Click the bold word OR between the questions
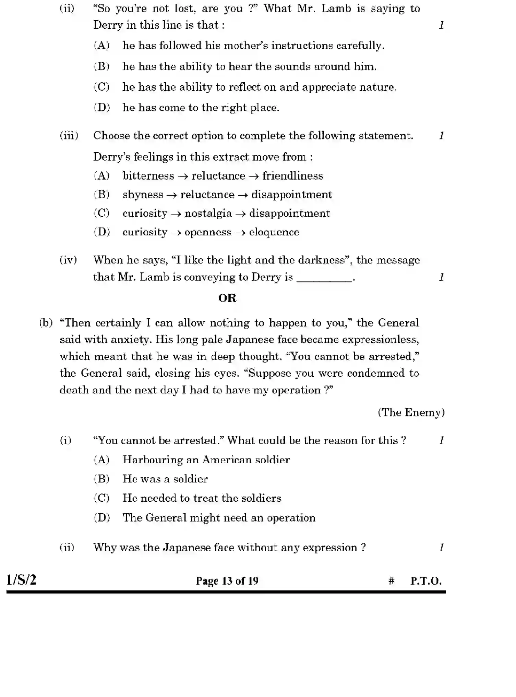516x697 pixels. click(x=227, y=298)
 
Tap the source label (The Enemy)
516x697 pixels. click(x=411, y=412)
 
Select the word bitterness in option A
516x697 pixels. click(x=148, y=176)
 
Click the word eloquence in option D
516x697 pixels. click(x=274, y=232)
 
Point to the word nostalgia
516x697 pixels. click(x=208, y=213)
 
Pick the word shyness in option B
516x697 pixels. click(x=143, y=195)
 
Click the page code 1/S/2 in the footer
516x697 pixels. click(x=21, y=580)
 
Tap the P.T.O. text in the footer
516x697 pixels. click(x=426, y=581)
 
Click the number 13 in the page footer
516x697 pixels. click(x=227, y=581)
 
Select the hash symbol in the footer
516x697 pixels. click(x=391, y=581)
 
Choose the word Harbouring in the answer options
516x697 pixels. click(x=153, y=460)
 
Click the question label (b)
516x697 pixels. click(x=46, y=323)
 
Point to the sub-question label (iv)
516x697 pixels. click(x=68, y=260)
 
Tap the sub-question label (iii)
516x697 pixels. click(x=69, y=136)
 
